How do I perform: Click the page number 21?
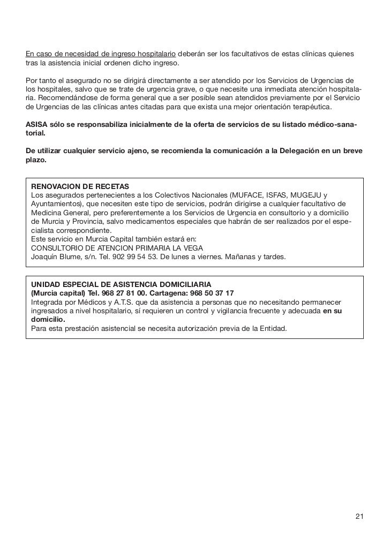coord(359,517)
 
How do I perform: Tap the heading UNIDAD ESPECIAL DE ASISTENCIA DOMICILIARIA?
coord(121,284)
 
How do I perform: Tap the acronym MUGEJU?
coord(308,195)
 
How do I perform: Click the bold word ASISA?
coord(37,125)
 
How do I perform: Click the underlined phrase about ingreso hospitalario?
coord(101,55)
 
